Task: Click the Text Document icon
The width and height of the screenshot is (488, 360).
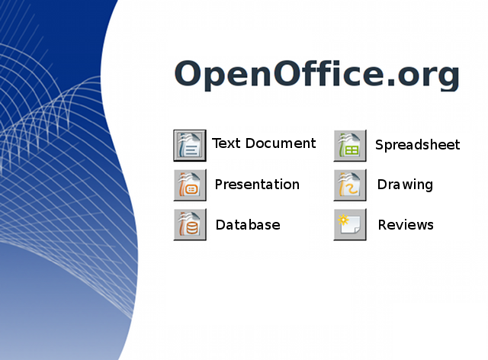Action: [x=190, y=145]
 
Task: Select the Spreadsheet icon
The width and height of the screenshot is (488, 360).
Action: [x=350, y=146]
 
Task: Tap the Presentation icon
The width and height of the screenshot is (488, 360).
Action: [x=190, y=185]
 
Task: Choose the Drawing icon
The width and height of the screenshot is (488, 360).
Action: [x=350, y=185]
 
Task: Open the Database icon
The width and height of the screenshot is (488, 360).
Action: [x=190, y=225]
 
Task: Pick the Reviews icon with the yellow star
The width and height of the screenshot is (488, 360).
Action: [x=350, y=225]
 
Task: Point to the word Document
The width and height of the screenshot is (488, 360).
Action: [x=280, y=143]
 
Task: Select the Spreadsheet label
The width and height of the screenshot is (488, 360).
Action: [x=417, y=145]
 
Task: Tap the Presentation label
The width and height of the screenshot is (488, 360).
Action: [x=257, y=185]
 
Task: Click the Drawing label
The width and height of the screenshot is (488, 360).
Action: [x=405, y=185]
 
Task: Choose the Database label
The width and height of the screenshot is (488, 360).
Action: [x=248, y=225]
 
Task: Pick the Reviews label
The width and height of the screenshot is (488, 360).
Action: [x=406, y=225]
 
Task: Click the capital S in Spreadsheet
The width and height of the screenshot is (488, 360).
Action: [x=380, y=145]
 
